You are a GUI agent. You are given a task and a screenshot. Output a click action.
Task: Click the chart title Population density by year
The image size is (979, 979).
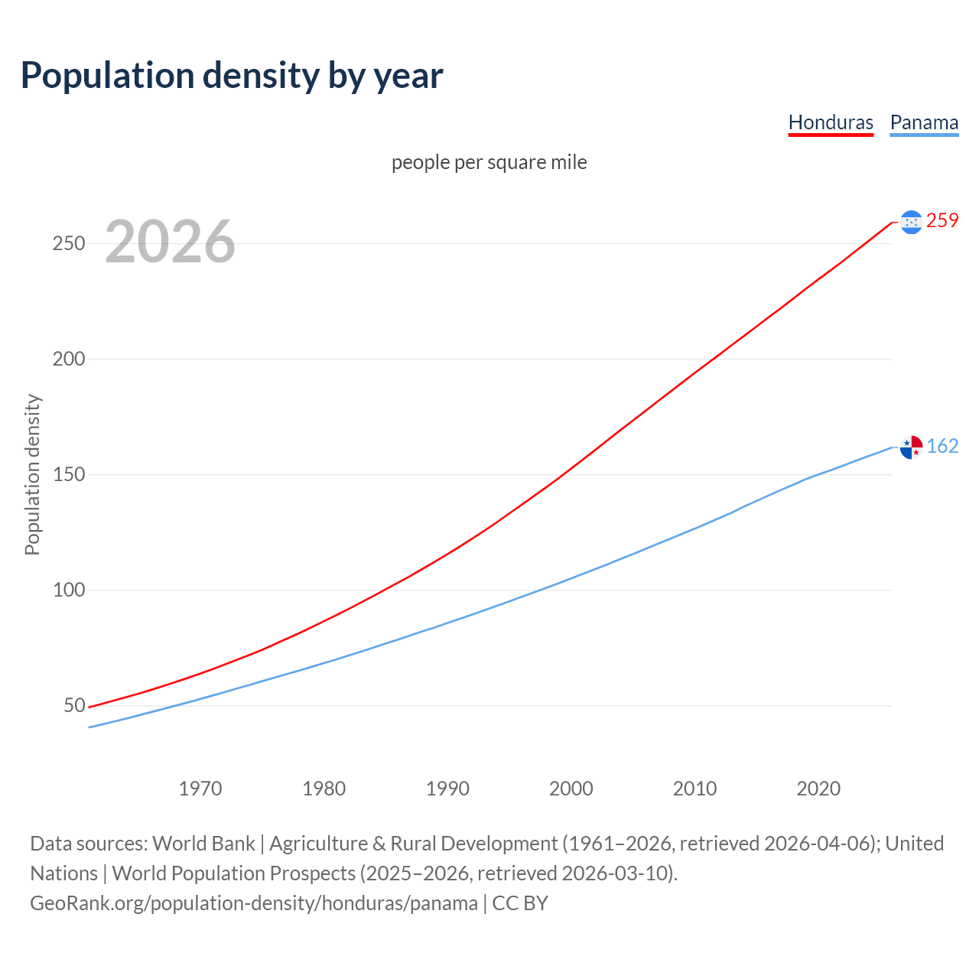click(232, 76)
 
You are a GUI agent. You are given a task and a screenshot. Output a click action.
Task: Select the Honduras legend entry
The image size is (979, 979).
click(831, 122)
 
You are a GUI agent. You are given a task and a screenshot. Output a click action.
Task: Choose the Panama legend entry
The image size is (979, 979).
click(924, 122)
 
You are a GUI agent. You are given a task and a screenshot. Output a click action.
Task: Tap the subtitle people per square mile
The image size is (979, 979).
click(489, 163)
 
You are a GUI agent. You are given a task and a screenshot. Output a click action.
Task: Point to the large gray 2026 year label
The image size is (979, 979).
click(170, 242)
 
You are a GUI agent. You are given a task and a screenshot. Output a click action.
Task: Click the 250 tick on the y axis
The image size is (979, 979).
click(68, 244)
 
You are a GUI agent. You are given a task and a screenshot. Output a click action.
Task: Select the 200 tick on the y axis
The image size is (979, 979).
click(68, 359)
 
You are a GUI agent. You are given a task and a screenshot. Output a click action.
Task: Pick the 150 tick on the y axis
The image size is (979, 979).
click(68, 475)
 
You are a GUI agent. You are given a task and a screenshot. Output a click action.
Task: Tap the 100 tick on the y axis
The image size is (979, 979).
click(68, 590)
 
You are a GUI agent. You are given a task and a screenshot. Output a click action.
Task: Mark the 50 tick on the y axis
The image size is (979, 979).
click(74, 706)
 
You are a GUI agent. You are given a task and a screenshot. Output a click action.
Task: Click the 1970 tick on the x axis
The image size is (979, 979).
click(200, 789)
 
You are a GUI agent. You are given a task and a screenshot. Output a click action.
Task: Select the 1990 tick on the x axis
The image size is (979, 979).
click(447, 789)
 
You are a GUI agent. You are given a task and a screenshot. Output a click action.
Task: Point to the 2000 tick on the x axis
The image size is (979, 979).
click(571, 789)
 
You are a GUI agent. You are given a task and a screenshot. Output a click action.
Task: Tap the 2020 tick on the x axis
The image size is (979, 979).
click(818, 789)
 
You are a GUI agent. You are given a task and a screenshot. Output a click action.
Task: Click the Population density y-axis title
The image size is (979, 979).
click(32, 474)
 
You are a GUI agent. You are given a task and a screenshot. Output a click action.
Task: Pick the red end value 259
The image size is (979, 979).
click(942, 221)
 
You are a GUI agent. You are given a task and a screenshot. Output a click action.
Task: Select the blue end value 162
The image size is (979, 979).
click(942, 447)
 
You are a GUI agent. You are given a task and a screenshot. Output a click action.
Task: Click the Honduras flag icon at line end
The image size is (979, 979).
click(911, 222)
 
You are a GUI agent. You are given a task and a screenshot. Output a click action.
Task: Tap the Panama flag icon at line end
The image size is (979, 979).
click(911, 447)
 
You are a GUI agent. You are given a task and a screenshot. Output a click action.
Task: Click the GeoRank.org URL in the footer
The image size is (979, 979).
click(254, 903)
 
